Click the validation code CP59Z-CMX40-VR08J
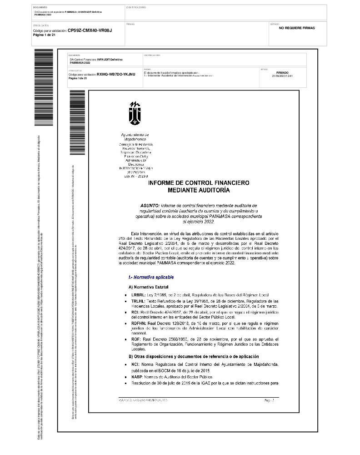(x=90, y=30)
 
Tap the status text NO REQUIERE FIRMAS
(x=297, y=28)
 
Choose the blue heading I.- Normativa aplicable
(x=151, y=277)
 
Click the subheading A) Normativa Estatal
(x=149, y=287)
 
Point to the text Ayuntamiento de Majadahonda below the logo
(x=136, y=138)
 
